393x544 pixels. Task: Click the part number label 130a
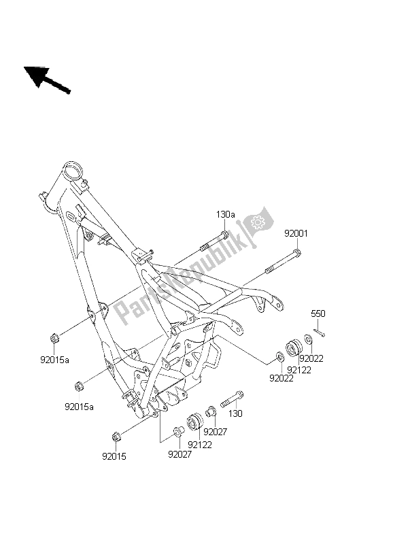225,215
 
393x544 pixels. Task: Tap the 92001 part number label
296,233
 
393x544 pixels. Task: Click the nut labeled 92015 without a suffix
116,436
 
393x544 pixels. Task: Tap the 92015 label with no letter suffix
115,457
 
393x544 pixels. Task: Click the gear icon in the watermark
258,222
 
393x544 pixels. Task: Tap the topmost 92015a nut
54,337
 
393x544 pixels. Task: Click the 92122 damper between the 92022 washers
294,347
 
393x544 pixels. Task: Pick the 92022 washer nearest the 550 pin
308,339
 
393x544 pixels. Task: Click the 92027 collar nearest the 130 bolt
210,411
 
